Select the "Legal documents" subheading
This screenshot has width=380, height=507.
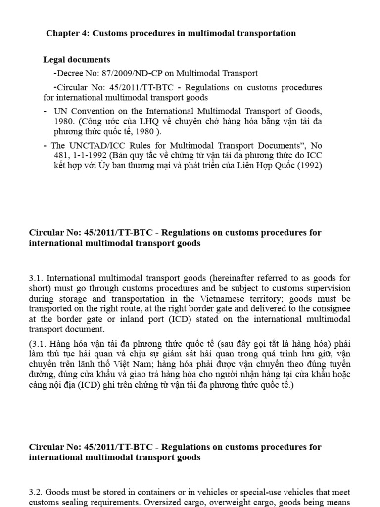[77, 60]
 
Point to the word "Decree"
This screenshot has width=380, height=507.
[69, 73]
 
